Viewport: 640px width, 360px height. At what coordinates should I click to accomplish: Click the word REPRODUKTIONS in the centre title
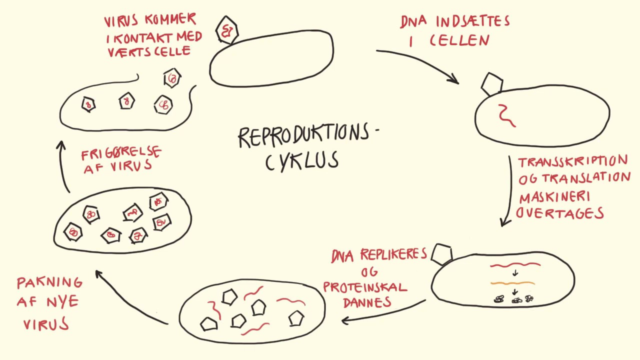303,136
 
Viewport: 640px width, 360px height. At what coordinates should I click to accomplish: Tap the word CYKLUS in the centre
302,161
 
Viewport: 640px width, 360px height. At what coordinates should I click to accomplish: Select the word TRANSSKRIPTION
573,162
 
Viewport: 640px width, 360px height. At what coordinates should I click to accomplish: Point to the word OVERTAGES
560,212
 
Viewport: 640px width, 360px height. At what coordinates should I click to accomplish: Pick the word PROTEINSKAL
365,287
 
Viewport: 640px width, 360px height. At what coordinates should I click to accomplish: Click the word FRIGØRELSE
121,152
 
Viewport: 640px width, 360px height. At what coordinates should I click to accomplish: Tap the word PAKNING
49,283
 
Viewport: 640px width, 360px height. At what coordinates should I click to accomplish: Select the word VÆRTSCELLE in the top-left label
149,51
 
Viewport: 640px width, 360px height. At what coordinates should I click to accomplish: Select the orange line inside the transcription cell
512,283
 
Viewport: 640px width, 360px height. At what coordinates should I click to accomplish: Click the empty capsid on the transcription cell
441,254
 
